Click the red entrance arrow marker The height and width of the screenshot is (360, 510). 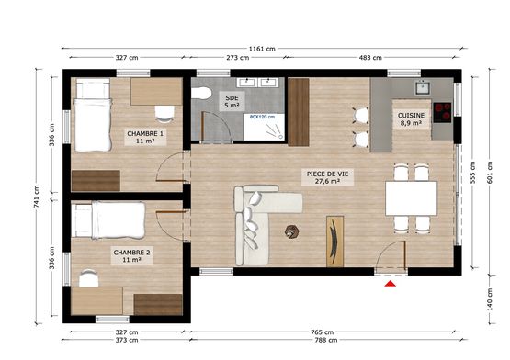(x=390, y=284)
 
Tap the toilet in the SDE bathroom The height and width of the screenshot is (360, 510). (x=201, y=93)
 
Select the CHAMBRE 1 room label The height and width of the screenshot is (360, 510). (x=145, y=137)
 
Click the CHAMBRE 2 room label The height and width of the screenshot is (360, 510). (x=131, y=256)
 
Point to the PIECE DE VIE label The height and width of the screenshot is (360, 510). (x=327, y=177)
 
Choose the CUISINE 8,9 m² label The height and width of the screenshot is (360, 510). (x=411, y=119)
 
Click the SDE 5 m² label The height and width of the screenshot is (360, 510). (x=232, y=101)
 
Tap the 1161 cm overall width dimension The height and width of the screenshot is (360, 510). (x=262, y=49)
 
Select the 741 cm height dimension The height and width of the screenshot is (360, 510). (x=37, y=197)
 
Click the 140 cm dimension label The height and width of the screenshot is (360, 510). (x=490, y=298)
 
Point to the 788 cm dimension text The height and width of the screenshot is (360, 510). (x=326, y=340)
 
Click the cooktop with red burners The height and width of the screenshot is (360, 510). (x=442, y=113)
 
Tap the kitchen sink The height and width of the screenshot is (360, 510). (x=423, y=87)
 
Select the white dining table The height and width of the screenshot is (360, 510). (x=411, y=198)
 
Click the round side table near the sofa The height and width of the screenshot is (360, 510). (x=291, y=231)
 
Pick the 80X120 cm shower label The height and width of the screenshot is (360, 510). (x=262, y=117)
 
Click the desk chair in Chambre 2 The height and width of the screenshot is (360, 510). (x=89, y=278)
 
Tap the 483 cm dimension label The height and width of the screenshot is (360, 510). (x=370, y=58)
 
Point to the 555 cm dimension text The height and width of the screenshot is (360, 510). (x=472, y=173)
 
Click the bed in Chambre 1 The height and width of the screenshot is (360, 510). (x=93, y=116)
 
